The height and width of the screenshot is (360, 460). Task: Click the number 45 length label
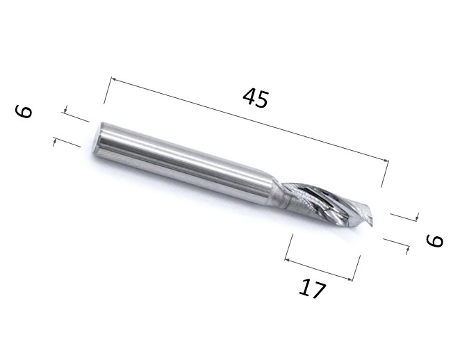pyautogui.click(x=256, y=99)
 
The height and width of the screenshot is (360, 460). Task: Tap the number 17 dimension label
pyautogui.click(x=312, y=288)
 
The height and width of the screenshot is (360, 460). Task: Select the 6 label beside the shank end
pyautogui.click(x=24, y=111)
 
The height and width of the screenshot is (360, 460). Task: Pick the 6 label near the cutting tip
pyautogui.click(x=434, y=240)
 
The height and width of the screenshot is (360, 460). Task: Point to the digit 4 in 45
pyautogui.click(x=249, y=97)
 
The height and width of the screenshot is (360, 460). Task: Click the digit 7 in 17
pyautogui.click(x=318, y=291)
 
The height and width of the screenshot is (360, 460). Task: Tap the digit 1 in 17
pyautogui.click(x=304, y=286)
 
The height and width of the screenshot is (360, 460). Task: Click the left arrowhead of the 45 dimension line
pyautogui.click(x=113, y=79)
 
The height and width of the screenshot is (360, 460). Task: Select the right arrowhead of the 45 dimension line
pyautogui.click(x=386, y=160)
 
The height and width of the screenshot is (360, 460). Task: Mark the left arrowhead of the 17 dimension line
pyautogui.click(x=288, y=260)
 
